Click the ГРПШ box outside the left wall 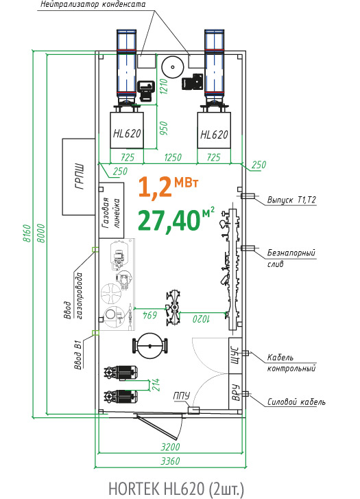coord(79,176)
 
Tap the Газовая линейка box coord(111,210)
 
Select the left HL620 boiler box coord(127,130)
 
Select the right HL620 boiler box coord(214,130)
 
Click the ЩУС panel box coord(235,355)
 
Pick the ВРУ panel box coord(235,391)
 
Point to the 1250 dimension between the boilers coord(173,157)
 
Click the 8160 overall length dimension coord(27,233)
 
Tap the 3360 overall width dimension coord(171,461)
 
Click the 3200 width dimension coord(171,447)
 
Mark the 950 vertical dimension coord(163,128)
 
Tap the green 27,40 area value coord(169,220)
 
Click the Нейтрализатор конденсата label coord(93,4)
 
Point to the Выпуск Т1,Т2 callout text coord(291,200)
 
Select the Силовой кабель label coord(296,402)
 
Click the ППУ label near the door coord(182,395)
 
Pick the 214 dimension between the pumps coord(156,384)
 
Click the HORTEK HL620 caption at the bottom coord(176,489)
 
